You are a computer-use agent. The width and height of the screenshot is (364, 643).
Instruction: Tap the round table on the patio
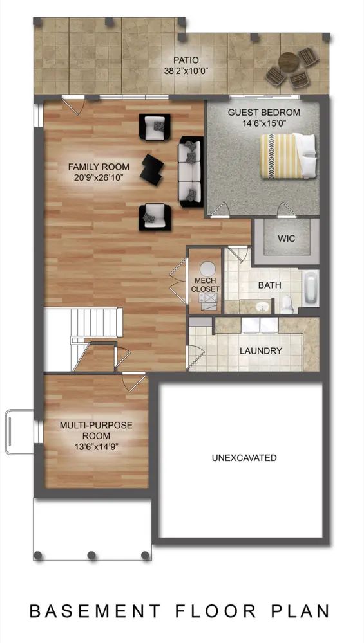[x=289, y=63]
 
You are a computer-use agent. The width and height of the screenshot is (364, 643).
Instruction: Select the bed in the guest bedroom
[x=288, y=156]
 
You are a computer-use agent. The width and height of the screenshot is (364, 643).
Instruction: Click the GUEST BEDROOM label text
[x=264, y=112]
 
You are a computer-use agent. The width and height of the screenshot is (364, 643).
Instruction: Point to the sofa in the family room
[x=191, y=172]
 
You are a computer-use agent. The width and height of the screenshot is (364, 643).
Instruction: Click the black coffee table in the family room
[x=151, y=168]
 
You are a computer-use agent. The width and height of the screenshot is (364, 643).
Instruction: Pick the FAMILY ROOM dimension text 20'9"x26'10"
[x=99, y=177]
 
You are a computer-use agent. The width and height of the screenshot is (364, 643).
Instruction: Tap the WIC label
[x=286, y=239]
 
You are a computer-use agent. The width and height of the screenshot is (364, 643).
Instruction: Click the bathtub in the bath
[x=311, y=288]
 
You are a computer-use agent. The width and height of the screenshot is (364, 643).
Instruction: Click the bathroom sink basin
[x=262, y=306]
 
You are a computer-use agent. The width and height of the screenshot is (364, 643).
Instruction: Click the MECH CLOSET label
[x=205, y=284]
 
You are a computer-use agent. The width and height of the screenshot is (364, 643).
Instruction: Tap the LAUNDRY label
[x=261, y=351]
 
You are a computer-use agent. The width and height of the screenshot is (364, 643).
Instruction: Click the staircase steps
[x=97, y=323]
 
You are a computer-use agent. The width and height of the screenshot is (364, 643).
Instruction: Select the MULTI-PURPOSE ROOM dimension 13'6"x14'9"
[x=96, y=446]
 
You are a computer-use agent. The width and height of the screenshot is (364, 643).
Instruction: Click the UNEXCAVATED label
[x=244, y=458]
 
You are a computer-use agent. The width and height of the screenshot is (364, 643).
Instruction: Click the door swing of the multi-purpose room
[x=135, y=381]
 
